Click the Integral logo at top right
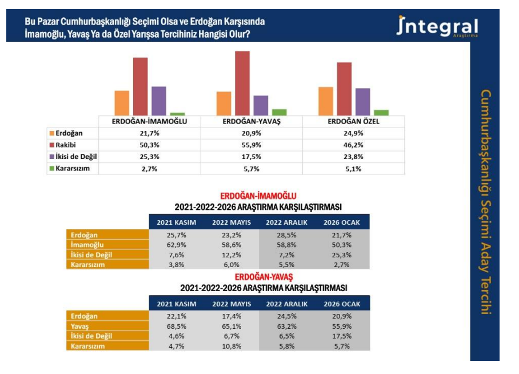437,27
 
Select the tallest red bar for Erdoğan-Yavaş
242,83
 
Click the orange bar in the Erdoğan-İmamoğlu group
122,104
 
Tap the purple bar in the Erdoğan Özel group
362,102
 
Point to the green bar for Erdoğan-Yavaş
280,113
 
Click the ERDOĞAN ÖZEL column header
353,122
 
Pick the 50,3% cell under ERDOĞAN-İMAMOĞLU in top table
150,145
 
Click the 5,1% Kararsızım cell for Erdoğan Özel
353,169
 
